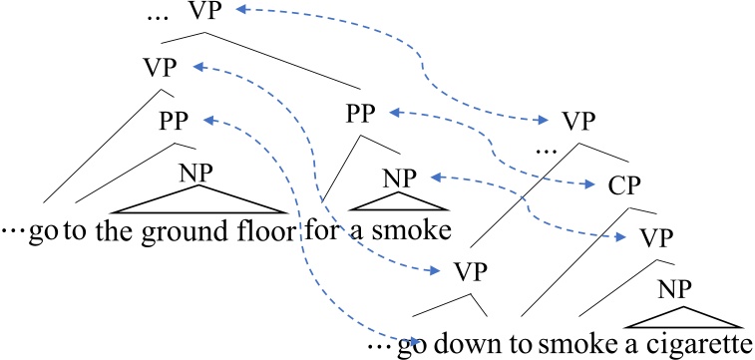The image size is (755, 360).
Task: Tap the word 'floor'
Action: click(x=264, y=232)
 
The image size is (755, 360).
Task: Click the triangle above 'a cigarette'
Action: click(x=684, y=316)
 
